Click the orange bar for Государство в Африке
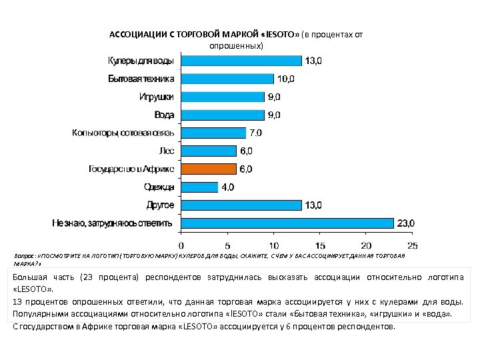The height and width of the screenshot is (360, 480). (x=209, y=169)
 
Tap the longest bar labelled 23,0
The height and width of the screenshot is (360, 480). (x=287, y=223)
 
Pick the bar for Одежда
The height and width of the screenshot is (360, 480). (x=199, y=187)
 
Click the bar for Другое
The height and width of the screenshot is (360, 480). (x=241, y=205)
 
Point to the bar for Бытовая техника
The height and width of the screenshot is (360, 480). (x=227, y=79)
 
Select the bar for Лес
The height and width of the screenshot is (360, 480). (x=209, y=151)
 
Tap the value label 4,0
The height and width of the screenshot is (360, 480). (x=227, y=187)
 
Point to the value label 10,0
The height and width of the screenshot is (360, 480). (x=285, y=79)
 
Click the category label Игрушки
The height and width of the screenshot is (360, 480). (x=157, y=97)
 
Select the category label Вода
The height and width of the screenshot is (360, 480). (x=165, y=115)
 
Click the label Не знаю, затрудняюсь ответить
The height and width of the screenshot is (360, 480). (x=113, y=223)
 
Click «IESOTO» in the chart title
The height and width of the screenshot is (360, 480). (x=282, y=34)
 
